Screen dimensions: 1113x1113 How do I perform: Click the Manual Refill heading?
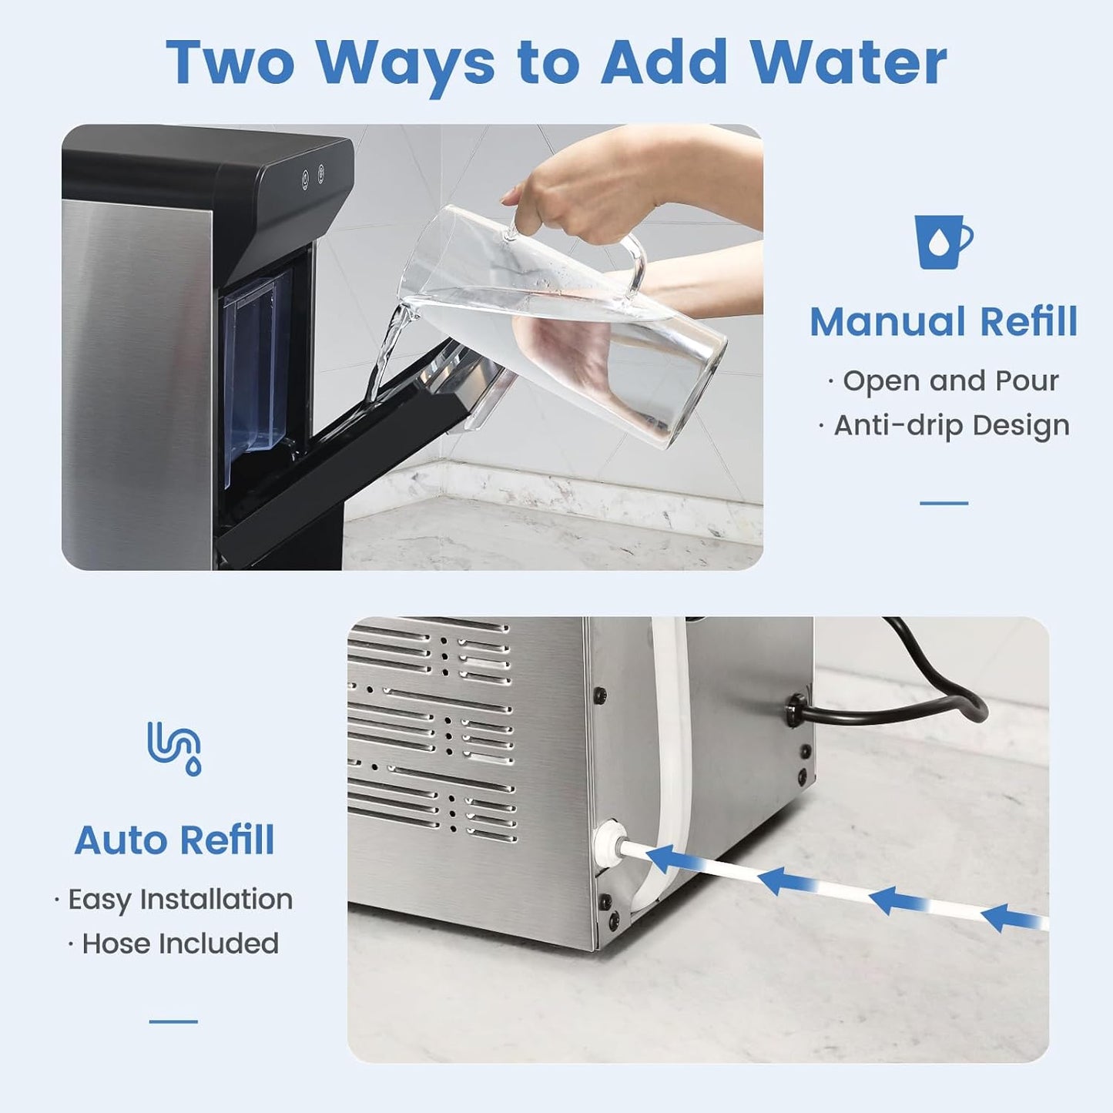(943, 322)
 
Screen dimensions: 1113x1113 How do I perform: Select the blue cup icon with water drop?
(942, 241)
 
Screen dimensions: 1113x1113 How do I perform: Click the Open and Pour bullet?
(950, 380)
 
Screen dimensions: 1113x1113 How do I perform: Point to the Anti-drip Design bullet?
(950, 425)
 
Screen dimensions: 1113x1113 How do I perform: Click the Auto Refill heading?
(174, 840)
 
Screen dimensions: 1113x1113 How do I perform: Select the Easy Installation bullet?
(179, 899)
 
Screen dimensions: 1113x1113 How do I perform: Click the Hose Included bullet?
(179, 944)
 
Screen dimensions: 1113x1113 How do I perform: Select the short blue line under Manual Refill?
(944, 503)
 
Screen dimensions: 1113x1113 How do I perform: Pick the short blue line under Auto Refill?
(173, 1022)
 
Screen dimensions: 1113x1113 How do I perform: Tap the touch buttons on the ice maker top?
(313, 176)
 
